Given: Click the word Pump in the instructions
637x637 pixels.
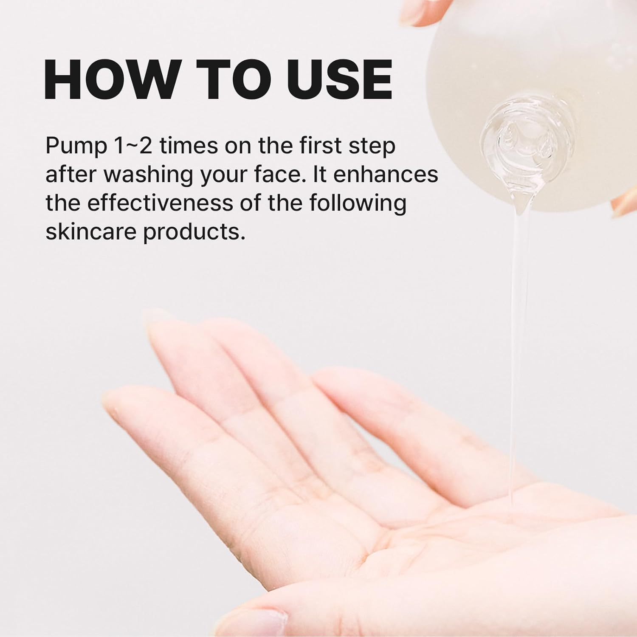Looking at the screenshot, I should click(76, 147).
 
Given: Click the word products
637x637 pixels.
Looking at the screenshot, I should click(194, 233).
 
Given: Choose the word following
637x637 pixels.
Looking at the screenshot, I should click(357, 204).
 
